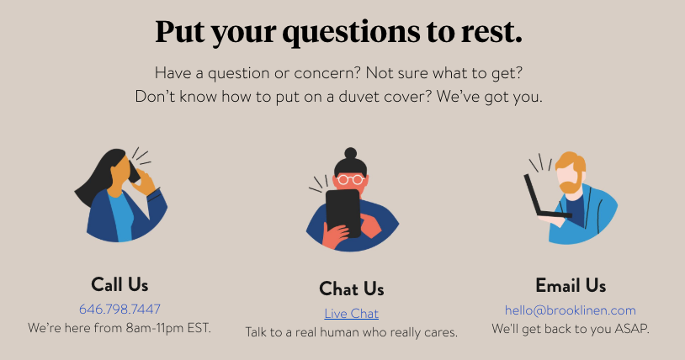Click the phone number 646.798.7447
click(119, 309)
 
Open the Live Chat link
click(351, 314)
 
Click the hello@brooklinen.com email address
click(571, 310)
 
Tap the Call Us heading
click(119, 284)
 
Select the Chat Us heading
click(351, 289)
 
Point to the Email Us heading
click(571, 285)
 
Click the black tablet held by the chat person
click(343, 211)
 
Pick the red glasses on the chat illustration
click(349, 179)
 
